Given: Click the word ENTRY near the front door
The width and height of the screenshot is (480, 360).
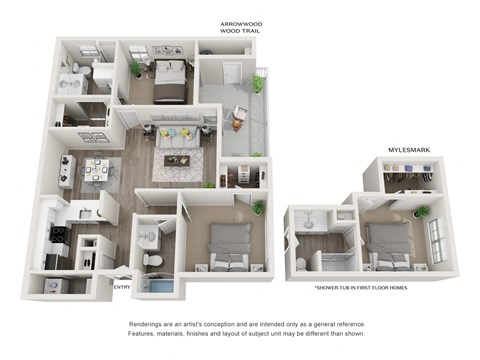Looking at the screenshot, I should coord(121,288).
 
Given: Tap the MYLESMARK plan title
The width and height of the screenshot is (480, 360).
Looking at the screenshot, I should coord(408,149).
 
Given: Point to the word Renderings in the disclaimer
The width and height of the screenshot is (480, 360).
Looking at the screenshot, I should coord(149,325).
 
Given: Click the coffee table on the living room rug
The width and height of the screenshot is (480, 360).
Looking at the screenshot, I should coord(180,160).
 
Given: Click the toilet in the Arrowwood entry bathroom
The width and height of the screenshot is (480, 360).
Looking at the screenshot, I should coord(153,259).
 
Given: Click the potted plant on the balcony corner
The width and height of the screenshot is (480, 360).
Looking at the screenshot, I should coord(257,84).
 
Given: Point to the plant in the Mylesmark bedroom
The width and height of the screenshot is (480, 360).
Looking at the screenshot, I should coord(421,213).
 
